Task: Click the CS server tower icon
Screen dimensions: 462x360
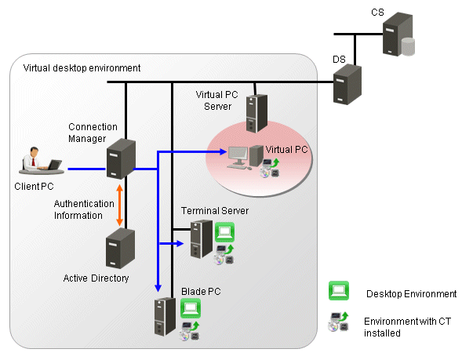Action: point(397,34)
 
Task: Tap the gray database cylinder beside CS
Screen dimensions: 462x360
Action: point(408,46)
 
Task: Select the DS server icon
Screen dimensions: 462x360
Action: point(347,84)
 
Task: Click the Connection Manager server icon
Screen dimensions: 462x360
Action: point(121,158)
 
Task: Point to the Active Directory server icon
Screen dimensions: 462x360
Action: point(120,248)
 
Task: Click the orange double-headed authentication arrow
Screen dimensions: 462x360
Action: point(119,205)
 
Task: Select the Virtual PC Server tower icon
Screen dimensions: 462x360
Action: point(256,114)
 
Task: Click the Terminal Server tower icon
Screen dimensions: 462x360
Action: point(202,239)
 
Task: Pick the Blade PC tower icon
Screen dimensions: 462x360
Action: point(165,316)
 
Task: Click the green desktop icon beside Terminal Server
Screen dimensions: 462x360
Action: point(225,232)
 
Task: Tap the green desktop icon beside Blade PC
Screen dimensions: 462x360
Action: point(191,308)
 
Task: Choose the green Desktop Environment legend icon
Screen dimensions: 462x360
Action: point(339,291)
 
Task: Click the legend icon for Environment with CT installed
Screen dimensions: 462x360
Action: point(338,322)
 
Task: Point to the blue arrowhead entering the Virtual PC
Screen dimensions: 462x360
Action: point(223,151)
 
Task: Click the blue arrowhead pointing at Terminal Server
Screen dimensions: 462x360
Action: point(180,243)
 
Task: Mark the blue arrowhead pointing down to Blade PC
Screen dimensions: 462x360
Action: point(158,288)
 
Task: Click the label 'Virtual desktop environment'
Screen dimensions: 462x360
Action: point(82,68)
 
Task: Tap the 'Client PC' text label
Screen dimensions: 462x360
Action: point(34,186)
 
